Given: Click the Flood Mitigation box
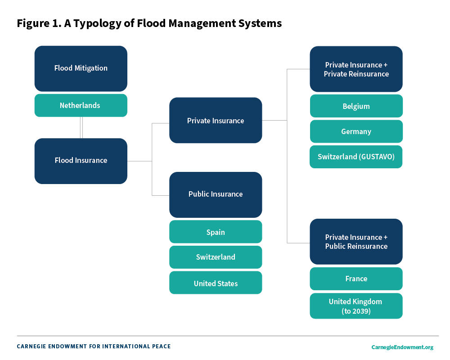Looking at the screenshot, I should click(81, 68).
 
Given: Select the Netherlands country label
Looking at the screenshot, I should click(81, 105).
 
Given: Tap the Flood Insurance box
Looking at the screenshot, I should click(81, 161).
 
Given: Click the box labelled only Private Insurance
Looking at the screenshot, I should click(216, 121).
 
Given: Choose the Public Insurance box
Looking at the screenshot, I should click(216, 194).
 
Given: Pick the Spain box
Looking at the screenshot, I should click(216, 232).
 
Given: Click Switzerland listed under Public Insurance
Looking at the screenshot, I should click(216, 257).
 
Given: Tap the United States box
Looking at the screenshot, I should click(216, 283).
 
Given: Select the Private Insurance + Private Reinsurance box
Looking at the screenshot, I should click(356, 69).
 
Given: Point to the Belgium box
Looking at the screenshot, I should click(356, 106).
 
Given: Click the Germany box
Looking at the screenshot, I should click(356, 131).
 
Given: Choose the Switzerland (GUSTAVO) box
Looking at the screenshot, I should click(356, 157).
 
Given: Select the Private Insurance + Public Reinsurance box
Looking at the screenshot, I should click(356, 242).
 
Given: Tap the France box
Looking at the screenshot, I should click(356, 279).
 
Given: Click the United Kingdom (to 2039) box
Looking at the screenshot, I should click(356, 306).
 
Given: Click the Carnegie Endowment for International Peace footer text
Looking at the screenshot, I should click(94, 346).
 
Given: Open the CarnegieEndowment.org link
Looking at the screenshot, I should click(402, 347).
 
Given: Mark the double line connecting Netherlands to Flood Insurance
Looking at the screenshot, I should click(81, 127).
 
